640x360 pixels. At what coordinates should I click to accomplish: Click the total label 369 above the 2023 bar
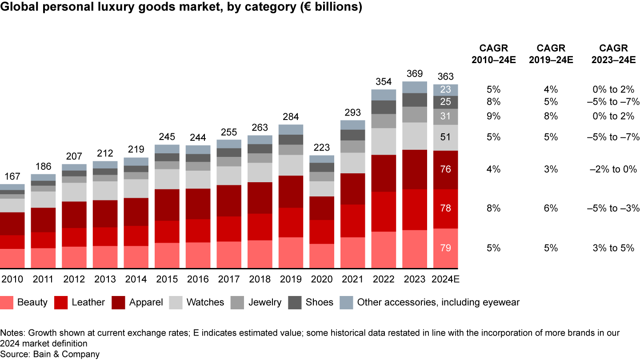[x=414, y=74]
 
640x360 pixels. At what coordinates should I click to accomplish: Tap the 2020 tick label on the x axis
[x=322, y=280]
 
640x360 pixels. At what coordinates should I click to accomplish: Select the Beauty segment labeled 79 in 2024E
[x=446, y=248]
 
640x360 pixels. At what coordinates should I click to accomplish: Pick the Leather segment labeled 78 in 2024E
[x=446, y=208]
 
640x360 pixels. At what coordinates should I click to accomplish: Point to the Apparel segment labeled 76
[x=446, y=169]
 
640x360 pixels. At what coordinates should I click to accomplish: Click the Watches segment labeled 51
[x=446, y=137]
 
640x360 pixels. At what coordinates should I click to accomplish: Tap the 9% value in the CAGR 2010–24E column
[x=493, y=116]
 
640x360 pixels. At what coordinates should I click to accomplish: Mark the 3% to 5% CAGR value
[x=613, y=248]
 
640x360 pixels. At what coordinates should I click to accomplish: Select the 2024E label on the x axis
[x=446, y=280]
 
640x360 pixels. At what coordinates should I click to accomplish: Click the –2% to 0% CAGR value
[x=613, y=169]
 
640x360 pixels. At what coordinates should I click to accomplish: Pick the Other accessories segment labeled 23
[x=446, y=90]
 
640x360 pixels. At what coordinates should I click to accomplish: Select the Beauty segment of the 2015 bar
[x=167, y=256]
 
